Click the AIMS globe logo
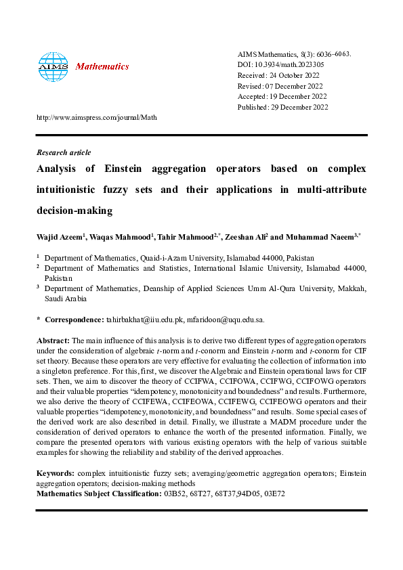tap(54, 67)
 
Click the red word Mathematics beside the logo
tap(102, 66)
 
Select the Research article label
tap(64, 152)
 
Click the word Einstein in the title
tap(131, 169)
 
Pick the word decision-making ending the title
tap(74, 211)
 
